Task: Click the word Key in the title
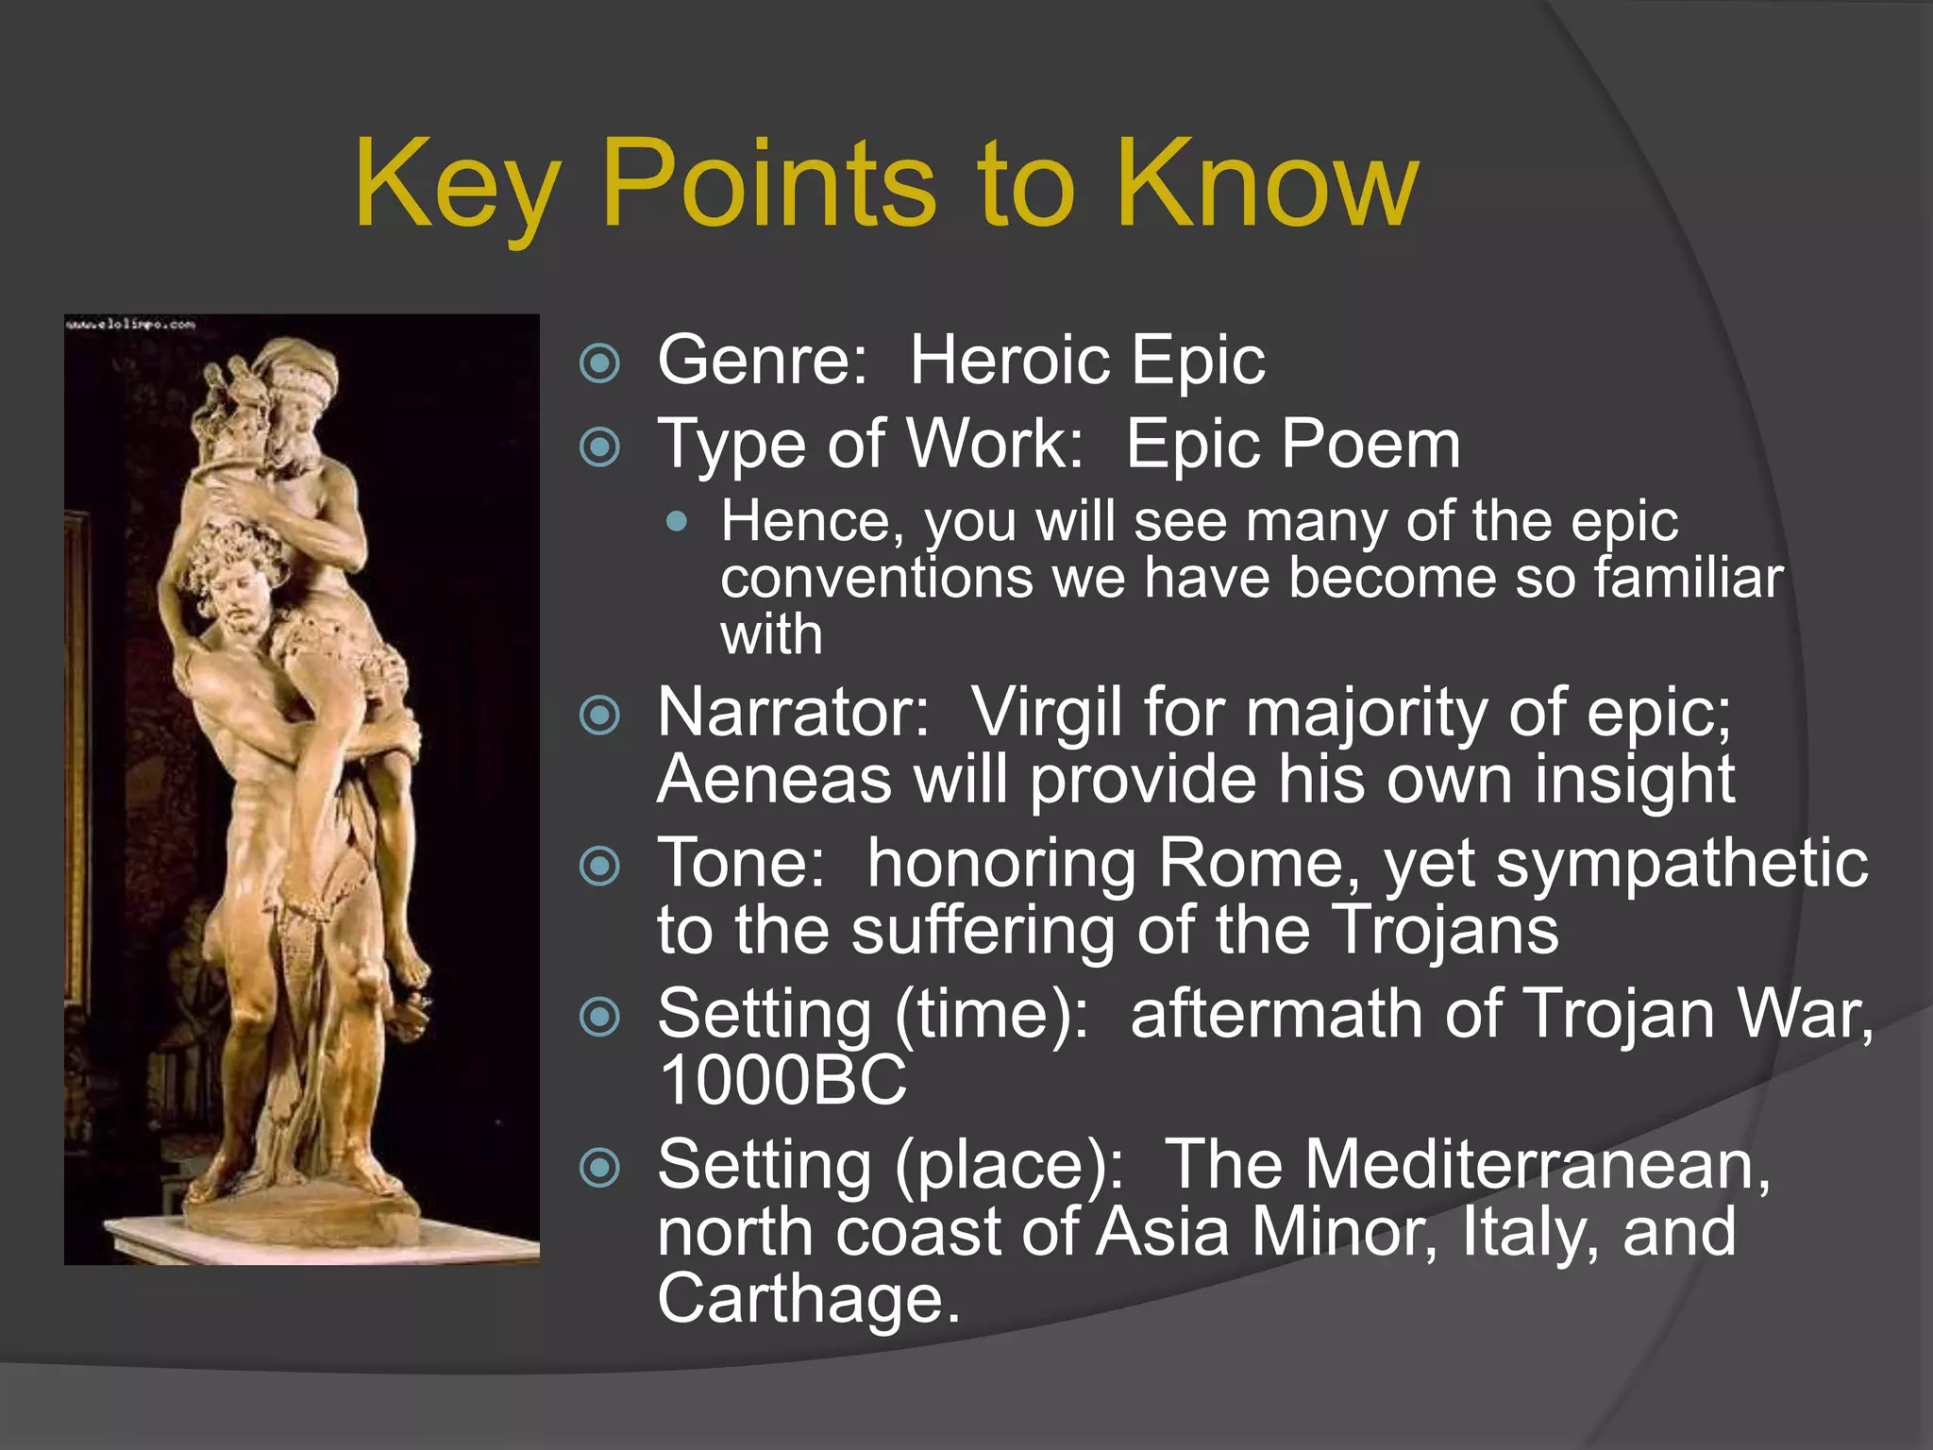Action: pyautogui.click(x=459, y=184)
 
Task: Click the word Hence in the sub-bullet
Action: pyautogui.click(x=812, y=521)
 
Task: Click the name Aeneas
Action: pyautogui.click(x=774, y=780)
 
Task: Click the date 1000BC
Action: pyautogui.click(x=782, y=1080)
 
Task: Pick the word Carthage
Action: pyautogui.click(x=808, y=1299)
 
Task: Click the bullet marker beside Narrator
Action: pyautogui.click(x=600, y=715)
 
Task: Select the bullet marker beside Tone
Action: pyautogui.click(x=600, y=866)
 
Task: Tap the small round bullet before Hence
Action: pyautogui.click(x=676, y=521)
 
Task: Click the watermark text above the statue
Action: pyautogui.click(x=130, y=325)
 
